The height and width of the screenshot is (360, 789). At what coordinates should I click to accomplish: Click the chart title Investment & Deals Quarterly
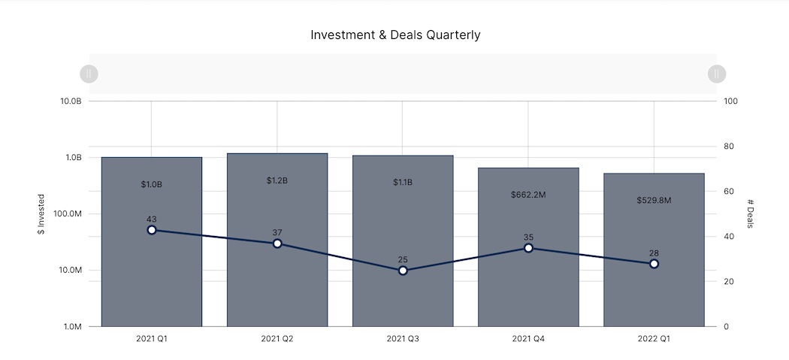pos(395,35)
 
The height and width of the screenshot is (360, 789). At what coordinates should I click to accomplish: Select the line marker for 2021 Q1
pos(152,230)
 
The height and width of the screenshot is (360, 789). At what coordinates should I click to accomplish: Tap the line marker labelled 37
pos(277,244)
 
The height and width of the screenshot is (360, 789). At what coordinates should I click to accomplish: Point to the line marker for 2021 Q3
pos(403,271)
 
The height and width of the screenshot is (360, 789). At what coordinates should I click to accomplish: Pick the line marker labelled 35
pos(528,248)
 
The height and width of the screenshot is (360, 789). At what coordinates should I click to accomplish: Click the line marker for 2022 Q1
pos(654,264)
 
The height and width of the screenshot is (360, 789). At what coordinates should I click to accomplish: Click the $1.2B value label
pos(277,180)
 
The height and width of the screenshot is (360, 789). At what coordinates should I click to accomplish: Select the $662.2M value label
pos(528,195)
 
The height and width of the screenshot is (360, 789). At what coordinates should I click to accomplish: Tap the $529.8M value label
pos(654,200)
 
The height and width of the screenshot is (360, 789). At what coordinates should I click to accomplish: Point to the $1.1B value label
pos(403,182)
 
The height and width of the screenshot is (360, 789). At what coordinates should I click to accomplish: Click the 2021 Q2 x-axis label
pos(277,340)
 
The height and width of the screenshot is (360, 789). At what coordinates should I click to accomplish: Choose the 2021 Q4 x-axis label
pos(528,340)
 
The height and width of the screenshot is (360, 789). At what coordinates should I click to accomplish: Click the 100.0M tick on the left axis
pos(65,214)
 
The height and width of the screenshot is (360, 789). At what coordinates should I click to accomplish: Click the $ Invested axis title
pos(41,214)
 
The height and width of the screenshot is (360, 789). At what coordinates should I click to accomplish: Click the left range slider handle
pos(89,74)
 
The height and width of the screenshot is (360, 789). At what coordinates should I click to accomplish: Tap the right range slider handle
pos(717,74)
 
